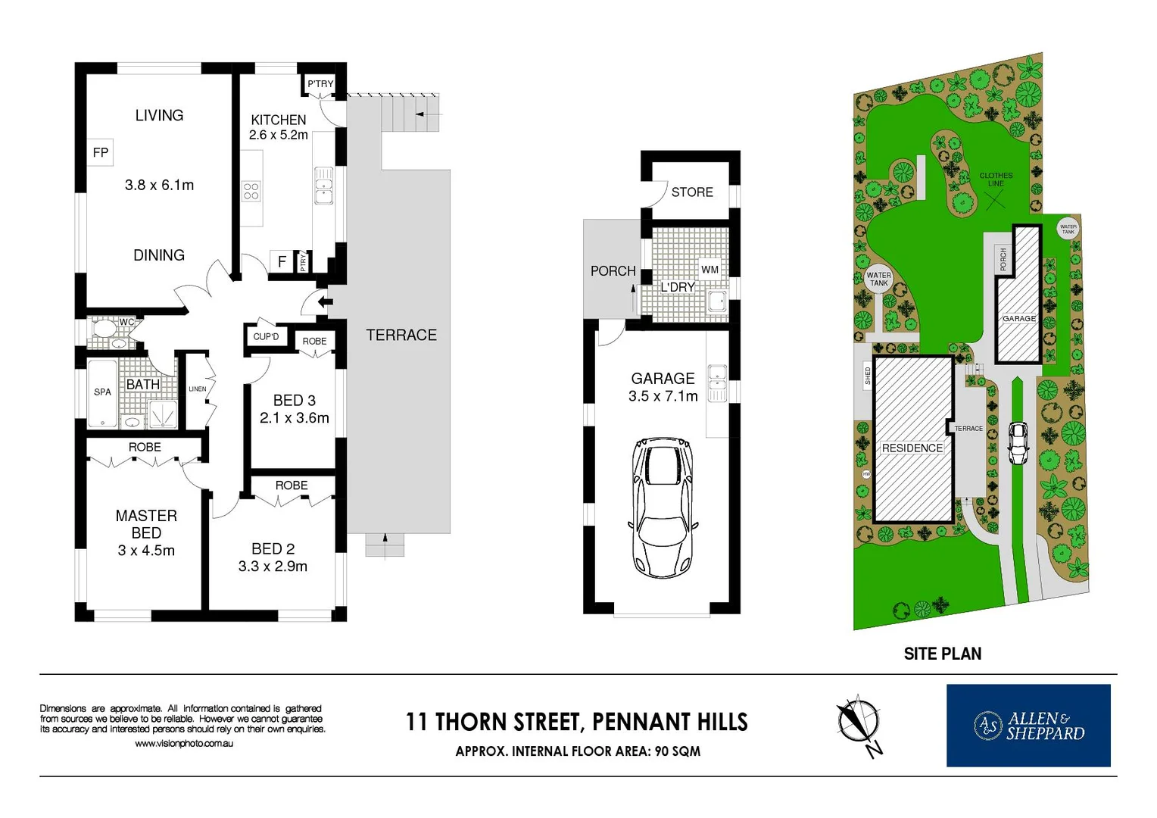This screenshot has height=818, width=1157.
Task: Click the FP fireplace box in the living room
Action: coord(100,152)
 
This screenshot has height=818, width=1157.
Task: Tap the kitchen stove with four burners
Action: coord(251,191)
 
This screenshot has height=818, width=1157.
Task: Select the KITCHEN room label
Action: coord(278,120)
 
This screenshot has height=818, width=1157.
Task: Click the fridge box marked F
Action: coord(282,261)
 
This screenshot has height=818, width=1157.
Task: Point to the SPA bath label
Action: coord(102,392)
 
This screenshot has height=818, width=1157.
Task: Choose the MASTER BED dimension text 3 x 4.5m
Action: coord(146,551)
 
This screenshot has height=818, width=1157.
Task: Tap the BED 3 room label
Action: coord(294,400)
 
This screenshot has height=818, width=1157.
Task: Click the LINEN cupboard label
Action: coord(197,389)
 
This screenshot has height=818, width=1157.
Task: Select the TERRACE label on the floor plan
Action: coord(401,335)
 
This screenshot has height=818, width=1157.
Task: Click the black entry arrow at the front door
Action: coord(325,303)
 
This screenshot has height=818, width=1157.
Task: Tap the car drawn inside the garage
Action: coord(663,507)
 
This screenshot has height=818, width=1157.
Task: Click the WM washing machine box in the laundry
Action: coord(709,270)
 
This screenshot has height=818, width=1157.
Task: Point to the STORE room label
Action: coord(692,192)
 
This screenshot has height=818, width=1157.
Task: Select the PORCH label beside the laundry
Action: coord(613,270)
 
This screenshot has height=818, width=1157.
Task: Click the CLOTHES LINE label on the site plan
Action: coord(996,180)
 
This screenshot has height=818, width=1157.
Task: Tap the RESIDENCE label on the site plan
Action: coord(912,448)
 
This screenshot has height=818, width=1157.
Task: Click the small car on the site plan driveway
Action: coord(1018,443)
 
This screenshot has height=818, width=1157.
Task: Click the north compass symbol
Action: coord(859,722)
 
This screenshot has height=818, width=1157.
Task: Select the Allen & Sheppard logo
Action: coord(1028,726)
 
